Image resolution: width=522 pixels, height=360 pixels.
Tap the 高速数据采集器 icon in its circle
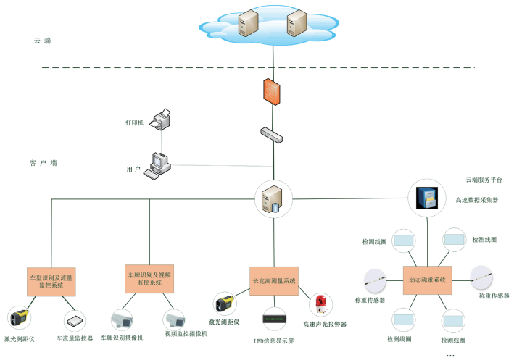point(425,198)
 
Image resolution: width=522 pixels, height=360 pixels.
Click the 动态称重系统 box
point(427,280)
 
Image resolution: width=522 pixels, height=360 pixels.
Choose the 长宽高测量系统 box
point(274,280)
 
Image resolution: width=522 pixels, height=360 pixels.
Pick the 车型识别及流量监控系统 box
point(51,281)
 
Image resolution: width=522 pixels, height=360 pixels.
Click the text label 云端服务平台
point(484,179)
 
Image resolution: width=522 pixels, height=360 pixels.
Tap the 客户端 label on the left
point(43,164)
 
